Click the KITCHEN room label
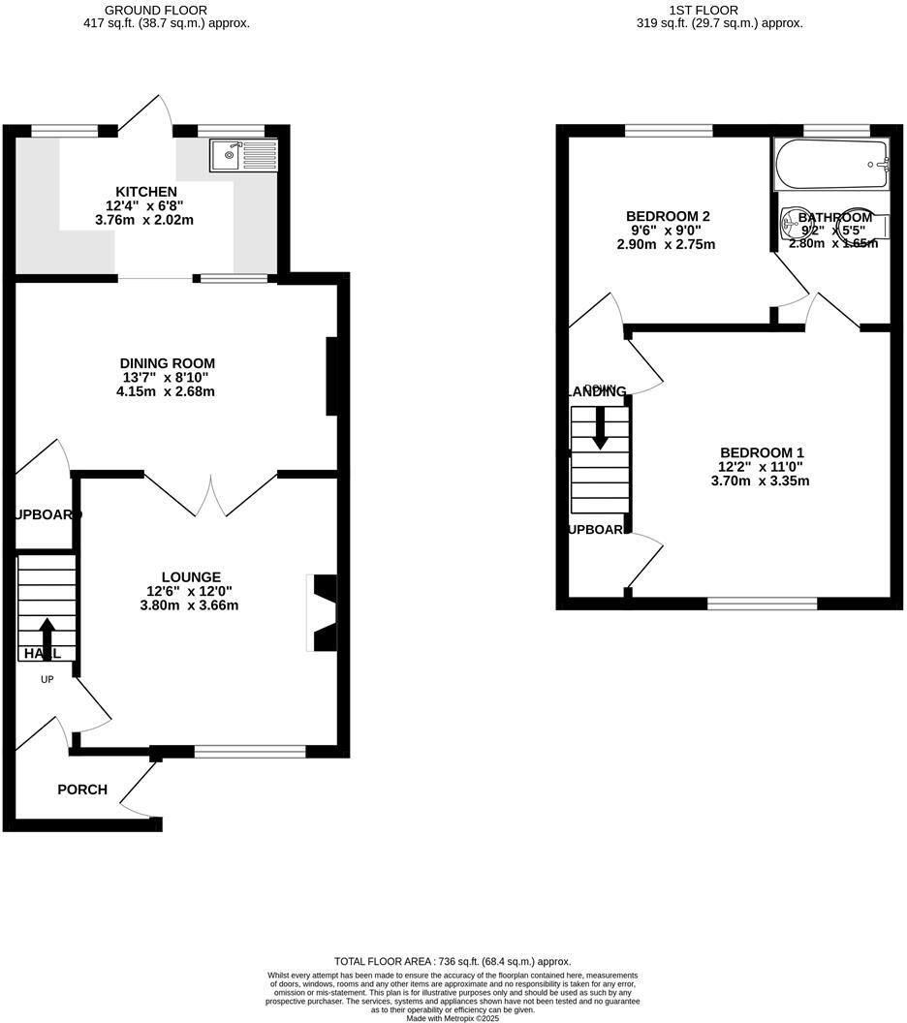146,192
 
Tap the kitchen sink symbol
243,155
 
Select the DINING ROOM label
161,363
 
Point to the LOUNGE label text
191,576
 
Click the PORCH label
82,790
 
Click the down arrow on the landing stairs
600,427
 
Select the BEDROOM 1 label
762,452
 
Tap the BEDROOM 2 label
668,216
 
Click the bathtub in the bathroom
831,164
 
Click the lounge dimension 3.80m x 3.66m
189,605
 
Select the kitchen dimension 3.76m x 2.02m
144,220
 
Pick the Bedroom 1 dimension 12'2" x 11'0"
762,467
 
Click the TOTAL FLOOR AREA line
453,961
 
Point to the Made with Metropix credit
453,1018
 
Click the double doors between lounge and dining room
210,494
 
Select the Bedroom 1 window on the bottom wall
762,604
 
